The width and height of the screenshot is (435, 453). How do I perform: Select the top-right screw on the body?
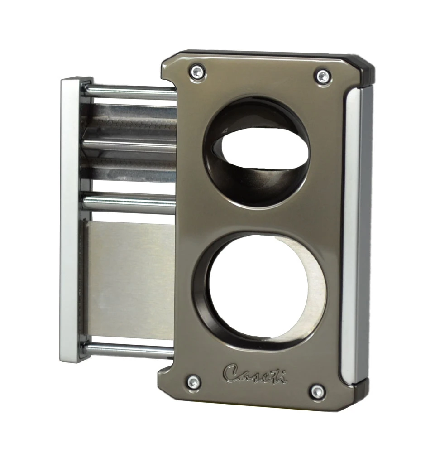(x=323, y=76)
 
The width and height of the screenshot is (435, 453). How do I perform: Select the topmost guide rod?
(x=131, y=92)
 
